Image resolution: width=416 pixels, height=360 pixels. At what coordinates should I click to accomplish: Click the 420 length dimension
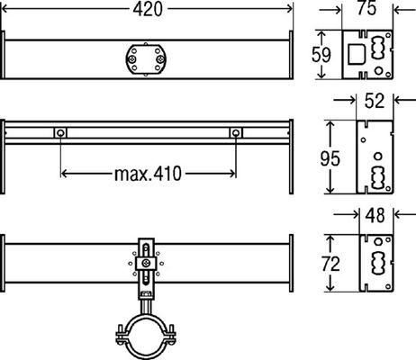tap(148, 9)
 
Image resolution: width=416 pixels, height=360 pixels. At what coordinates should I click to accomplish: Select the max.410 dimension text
tap(148, 174)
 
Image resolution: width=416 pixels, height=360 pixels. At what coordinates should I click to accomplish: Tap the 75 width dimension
tap(366, 8)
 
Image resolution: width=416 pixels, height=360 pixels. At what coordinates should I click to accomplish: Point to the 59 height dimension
tap(321, 55)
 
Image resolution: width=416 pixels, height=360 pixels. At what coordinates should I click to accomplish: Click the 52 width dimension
tap(375, 101)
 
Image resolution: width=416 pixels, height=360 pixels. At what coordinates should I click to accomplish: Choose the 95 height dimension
tap(330, 158)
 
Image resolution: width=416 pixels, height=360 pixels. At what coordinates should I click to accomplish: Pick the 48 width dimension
tap(375, 215)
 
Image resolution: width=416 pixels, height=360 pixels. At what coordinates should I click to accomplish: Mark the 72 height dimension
tap(330, 264)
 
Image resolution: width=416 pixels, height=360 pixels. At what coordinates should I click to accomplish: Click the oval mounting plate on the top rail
tap(146, 59)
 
